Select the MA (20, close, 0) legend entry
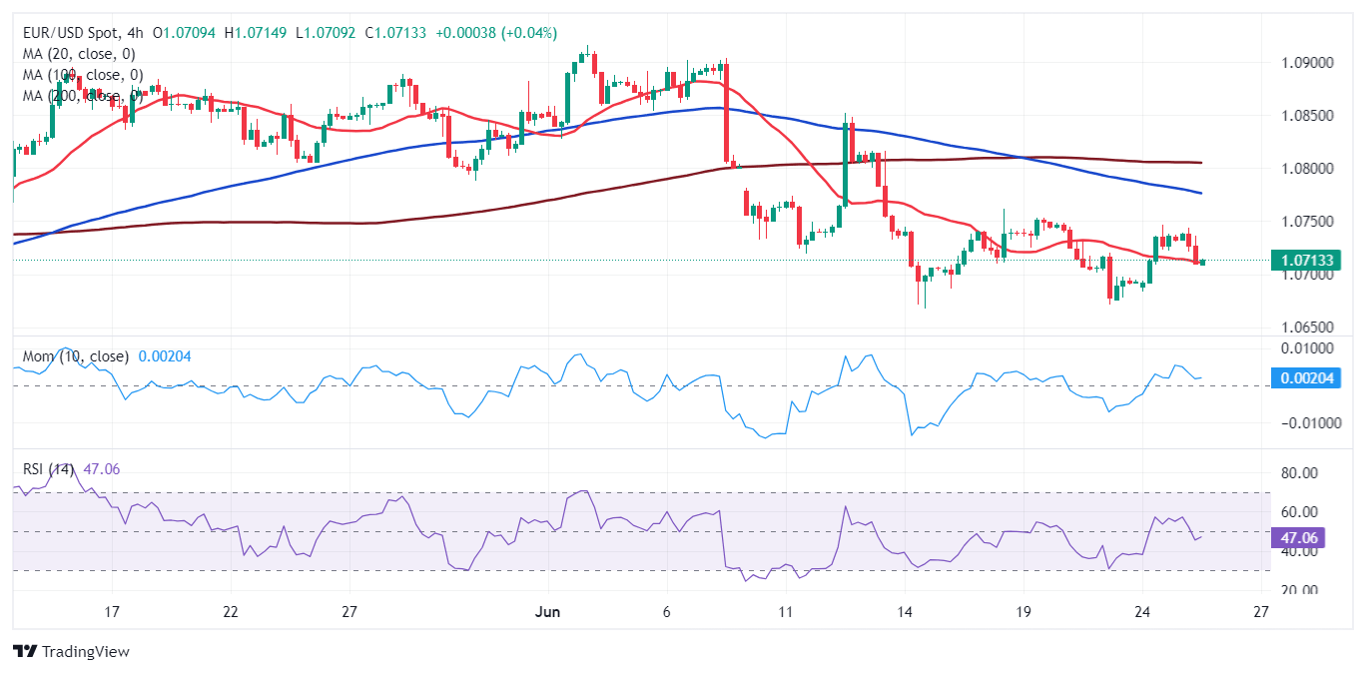click(79, 54)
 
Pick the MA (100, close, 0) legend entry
click(83, 75)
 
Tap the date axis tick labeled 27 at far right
click(1260, 611)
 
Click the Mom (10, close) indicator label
click(76, 356)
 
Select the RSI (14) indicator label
click(58, 468)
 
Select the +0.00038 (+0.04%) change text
click(494, 33)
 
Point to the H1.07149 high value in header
click(257, 33)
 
